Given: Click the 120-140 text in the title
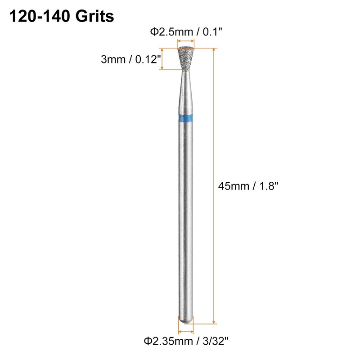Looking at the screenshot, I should (39, 17).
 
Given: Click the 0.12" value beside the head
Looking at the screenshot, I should (145, 59).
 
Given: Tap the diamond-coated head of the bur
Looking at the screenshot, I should (185, 57).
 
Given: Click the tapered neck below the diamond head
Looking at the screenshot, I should (185, 83).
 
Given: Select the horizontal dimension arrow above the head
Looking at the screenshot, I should (185, 44).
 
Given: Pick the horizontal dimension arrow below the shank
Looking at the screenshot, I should (185, 329).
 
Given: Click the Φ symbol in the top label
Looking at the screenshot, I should (153, 32).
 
